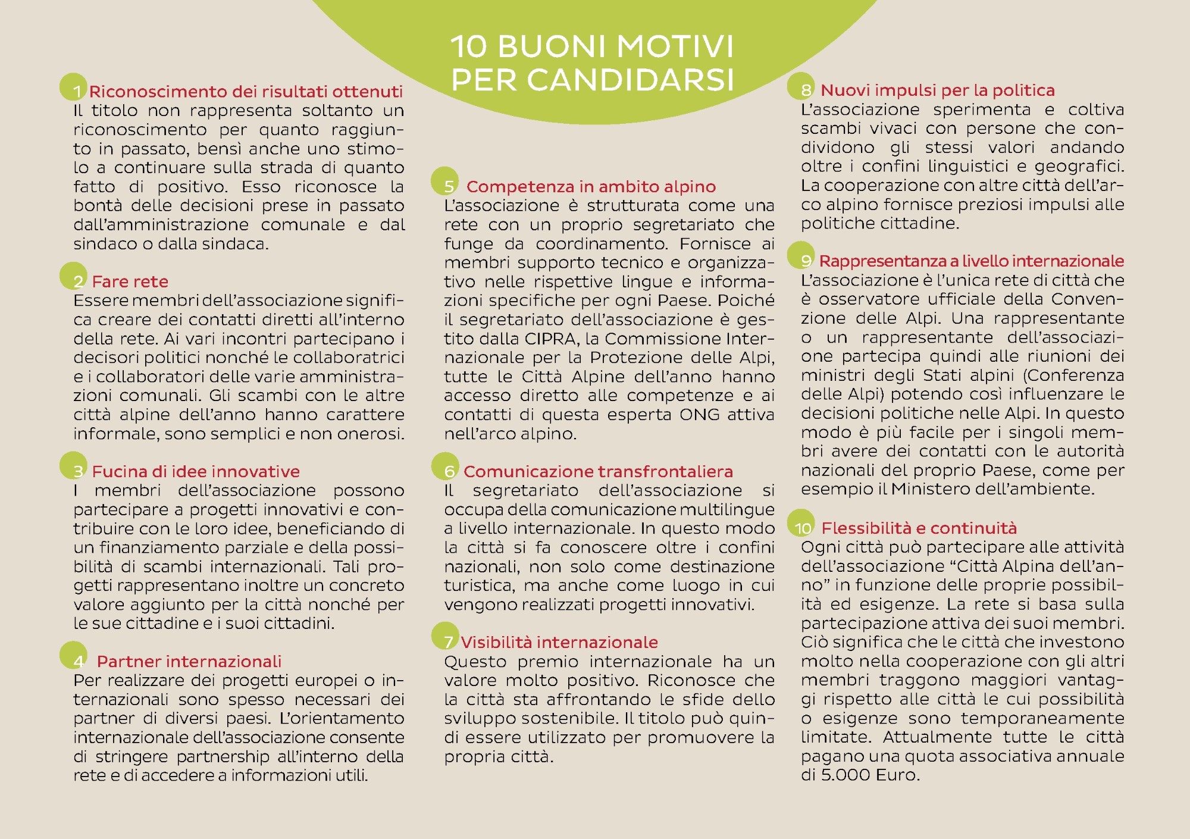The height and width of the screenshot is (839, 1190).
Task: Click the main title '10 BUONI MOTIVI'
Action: pyautogui.click(x=592, y=46)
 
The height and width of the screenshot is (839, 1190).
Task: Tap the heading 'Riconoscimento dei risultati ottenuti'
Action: pyautogui.click(x=246, y=92)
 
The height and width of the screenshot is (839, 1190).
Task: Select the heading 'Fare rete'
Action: pyautogui.click(x=130, y=281)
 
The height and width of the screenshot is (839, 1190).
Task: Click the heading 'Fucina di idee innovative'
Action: pyautogui.click(x=196, y=472)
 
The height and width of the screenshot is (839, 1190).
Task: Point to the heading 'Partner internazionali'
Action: pyautogui.click(x=189, y=662)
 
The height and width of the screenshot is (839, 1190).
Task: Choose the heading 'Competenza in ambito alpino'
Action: pyautogui.click(x=591, y=187)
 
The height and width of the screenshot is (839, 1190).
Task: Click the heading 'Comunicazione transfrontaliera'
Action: pyautogui.click(x=598, y=472)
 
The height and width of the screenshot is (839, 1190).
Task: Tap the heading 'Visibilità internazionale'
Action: pyautogui.click(x=559, y=643)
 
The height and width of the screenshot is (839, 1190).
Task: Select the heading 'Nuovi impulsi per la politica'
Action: pyautogui.click(x=937, y=90)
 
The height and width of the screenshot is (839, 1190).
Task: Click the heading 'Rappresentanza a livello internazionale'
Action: pyautogui.click(x=971, y=261)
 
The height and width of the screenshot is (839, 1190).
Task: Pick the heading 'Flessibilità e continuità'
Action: pyautogui.click(x=919, y=528)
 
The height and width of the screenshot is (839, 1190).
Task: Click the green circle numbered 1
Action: pyautogui.click(x=73, y=87)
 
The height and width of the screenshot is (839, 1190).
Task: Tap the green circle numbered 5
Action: pyautogui.click(x=444, y=181)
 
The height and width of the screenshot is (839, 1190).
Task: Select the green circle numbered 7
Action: pyautogui.click(x=445, y=637)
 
